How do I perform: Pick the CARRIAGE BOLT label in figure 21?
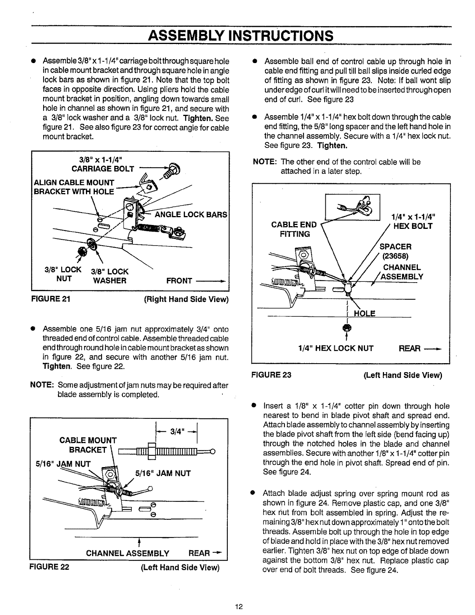coord(103,169)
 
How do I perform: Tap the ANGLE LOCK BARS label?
coord(191,214)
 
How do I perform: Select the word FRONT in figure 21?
coord(178,280)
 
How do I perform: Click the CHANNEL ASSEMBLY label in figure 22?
coord(127,553)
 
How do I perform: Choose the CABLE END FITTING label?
coord(294,229)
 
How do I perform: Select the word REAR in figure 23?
coord(410,348)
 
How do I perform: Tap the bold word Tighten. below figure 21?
coord(56,366)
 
